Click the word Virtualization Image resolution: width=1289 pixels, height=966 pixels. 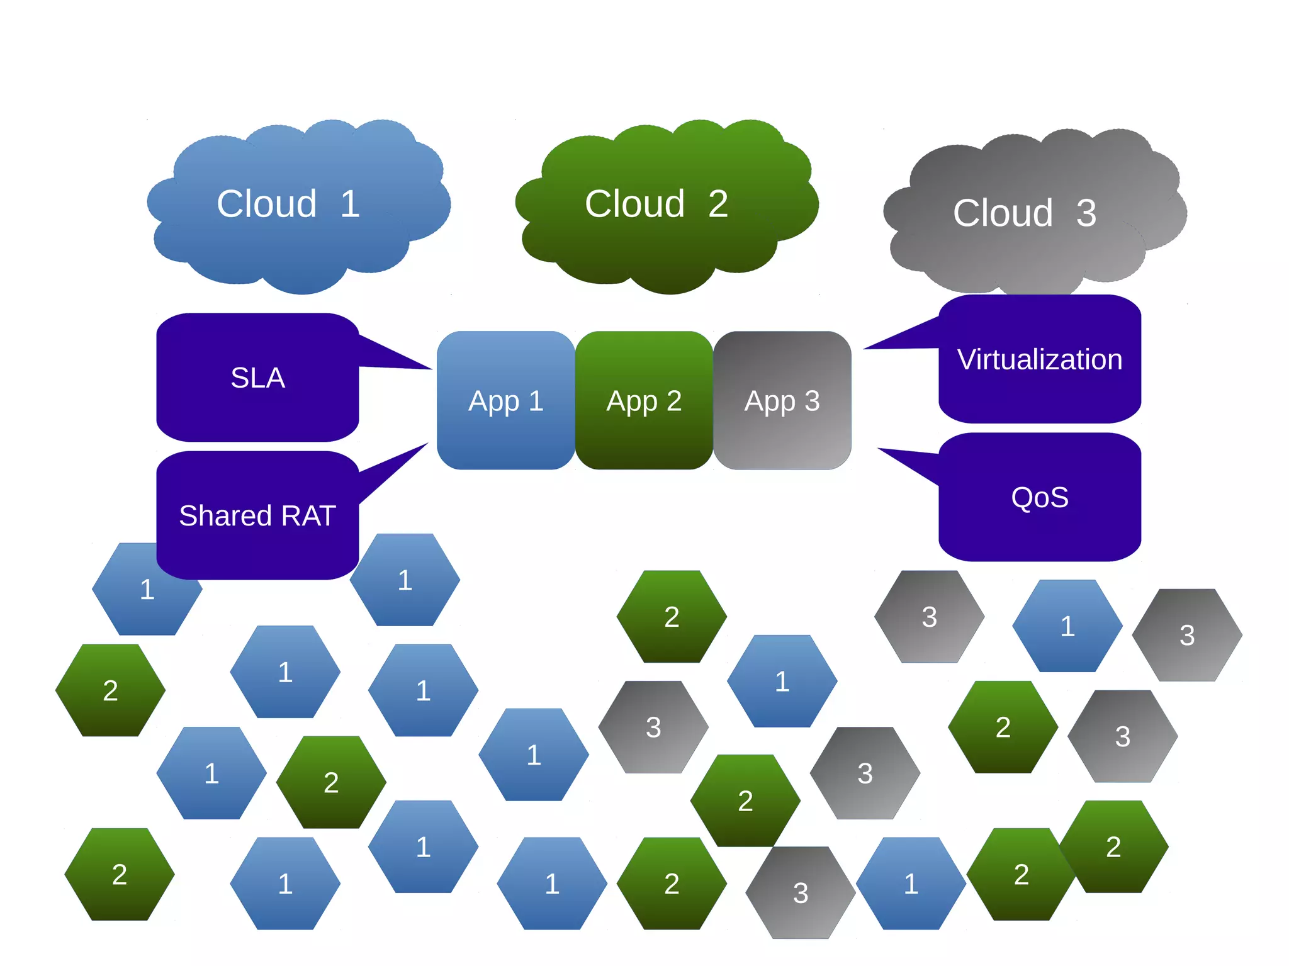coord(1040,359)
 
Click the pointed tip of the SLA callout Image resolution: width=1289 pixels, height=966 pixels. coord(429,368)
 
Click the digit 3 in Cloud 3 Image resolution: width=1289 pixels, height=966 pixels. coord(1086,213)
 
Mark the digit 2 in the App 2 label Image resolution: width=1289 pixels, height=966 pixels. coord(674,400)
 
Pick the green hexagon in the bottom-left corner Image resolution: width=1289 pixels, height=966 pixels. coord(119,874)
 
